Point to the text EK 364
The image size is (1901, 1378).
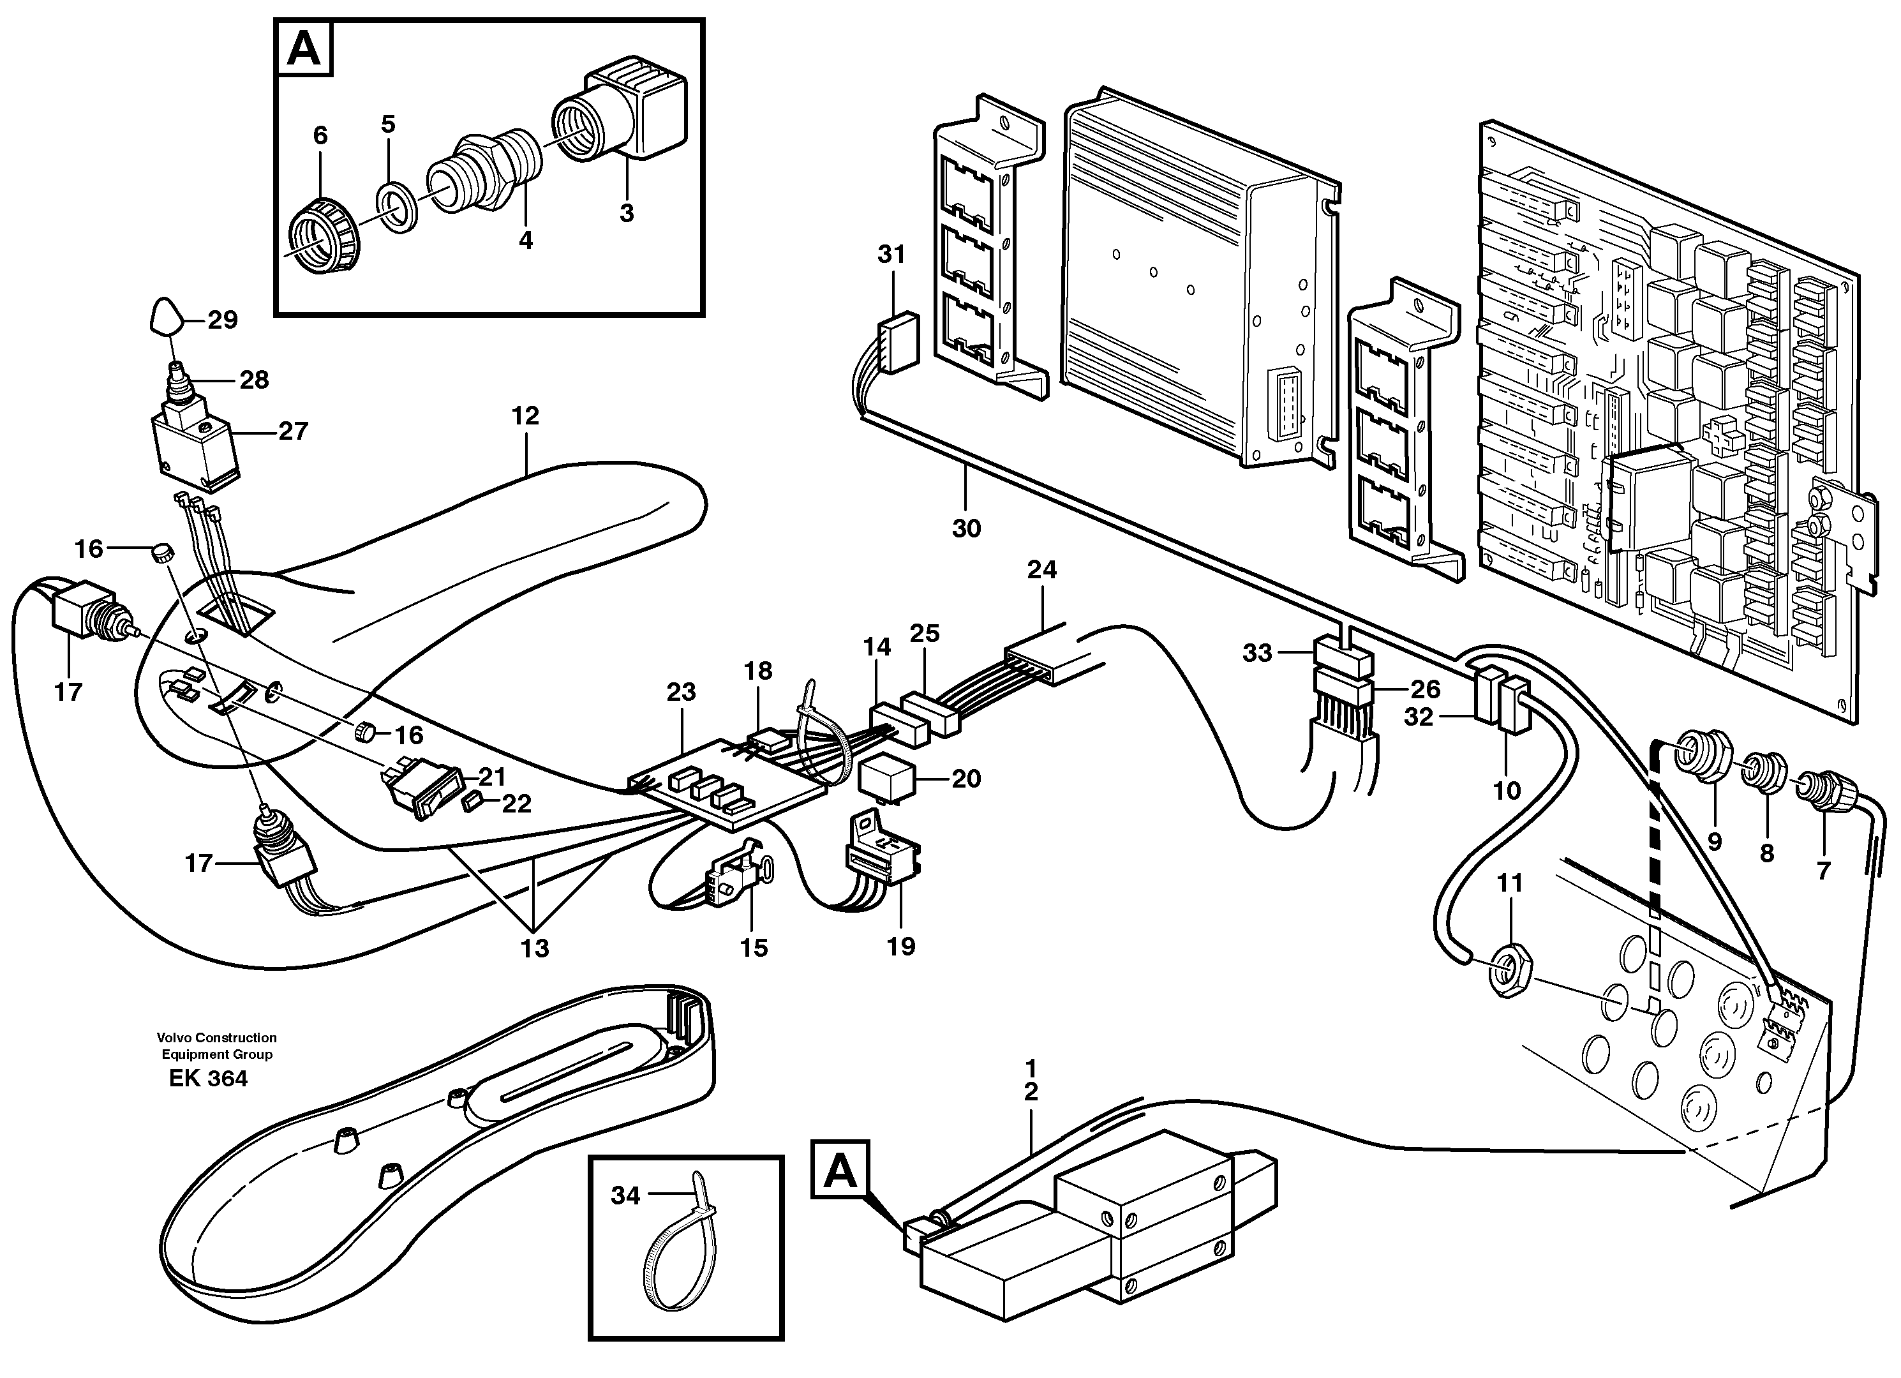pyautogui.click(x=208, y=1078)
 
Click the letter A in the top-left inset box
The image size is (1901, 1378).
pyautogui.click(x=303, y=49)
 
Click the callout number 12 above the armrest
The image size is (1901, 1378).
pyautogui.click(x=526, y=416)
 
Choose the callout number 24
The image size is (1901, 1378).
pyautogui.click(x=1042, y=570)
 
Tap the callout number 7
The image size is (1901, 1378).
pyautogui.click(x=1823, y=872)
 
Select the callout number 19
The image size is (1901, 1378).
pyautogui.click(x=901, y=947)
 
